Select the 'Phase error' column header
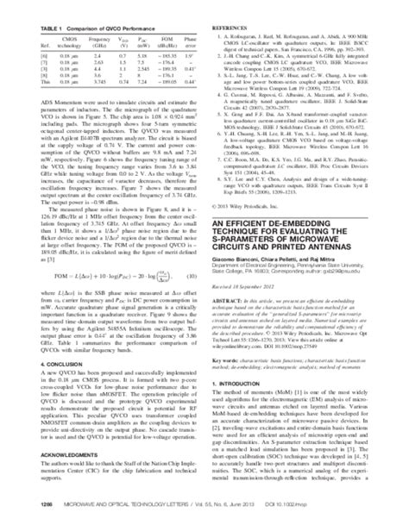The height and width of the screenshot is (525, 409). pos(183,42)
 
